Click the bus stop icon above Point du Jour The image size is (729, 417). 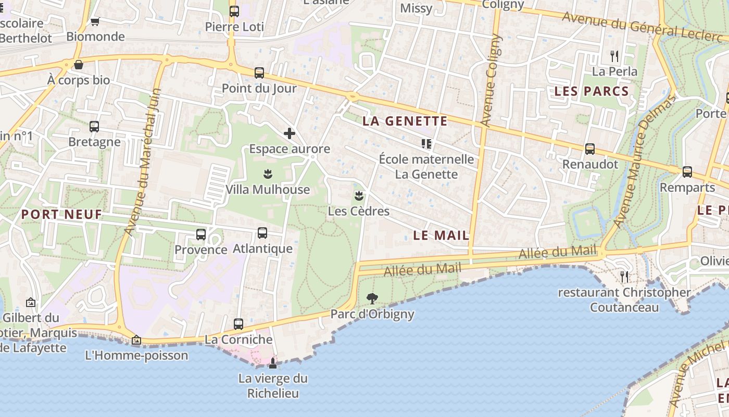259,73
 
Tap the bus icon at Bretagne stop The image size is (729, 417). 94,127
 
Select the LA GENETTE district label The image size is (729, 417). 405,121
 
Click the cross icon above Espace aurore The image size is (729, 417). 290,133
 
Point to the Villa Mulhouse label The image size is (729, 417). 268,189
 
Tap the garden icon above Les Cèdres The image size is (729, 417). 358,196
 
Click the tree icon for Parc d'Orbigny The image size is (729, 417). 372,299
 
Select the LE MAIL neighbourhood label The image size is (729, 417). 441,235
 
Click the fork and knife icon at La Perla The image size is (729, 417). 614,56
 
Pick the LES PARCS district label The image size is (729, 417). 592,91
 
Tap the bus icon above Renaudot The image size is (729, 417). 590,149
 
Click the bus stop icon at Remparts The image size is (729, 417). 687,172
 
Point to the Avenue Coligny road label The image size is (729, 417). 491,81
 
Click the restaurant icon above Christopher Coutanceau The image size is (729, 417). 624,276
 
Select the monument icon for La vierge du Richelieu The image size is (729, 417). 273,363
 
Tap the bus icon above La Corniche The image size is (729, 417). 238,324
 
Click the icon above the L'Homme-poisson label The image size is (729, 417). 136,340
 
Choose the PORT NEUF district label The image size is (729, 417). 61,214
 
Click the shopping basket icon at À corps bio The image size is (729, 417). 79,65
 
